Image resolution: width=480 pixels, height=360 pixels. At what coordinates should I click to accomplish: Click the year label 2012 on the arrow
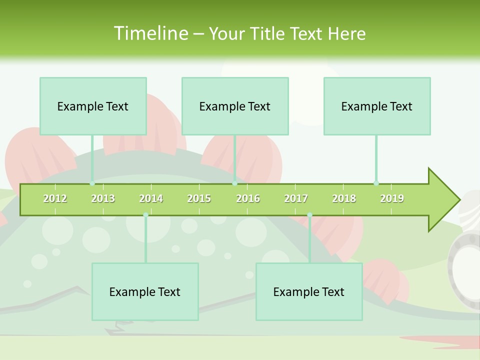point(55,198)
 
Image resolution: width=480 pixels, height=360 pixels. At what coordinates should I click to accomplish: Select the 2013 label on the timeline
point(103,198)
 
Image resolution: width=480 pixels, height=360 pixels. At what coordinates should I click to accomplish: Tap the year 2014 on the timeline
point(151,198)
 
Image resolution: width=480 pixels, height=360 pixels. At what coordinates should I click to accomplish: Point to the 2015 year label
point(199,198)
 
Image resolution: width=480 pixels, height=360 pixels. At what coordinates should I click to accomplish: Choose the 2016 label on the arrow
point(248,198)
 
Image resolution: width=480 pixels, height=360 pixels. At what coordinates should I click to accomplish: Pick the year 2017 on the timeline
point(296,198)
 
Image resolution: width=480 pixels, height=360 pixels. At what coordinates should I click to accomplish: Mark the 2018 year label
point(344,198)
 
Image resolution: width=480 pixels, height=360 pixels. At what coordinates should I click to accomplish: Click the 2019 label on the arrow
point(392,198)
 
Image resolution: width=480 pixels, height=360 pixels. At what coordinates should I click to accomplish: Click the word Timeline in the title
point(150,33)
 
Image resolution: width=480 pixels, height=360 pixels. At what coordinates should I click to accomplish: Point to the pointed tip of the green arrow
point(458,200)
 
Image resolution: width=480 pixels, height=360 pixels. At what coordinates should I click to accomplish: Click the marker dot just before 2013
point(92,183)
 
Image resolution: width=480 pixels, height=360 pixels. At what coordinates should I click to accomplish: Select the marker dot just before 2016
point(234,183)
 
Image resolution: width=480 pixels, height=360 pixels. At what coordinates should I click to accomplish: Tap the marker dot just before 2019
point(376,183)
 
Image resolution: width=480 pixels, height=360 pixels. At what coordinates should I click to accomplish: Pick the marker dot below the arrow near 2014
point(145,215)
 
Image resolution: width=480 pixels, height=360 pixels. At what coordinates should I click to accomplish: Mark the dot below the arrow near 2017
point(309,215)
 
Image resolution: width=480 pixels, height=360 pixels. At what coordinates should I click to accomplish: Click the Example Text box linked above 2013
point(93,106)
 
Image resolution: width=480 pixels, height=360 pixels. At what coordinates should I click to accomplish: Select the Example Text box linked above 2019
point(377,106)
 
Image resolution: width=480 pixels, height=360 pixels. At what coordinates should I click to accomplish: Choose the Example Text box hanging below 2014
point(145,291)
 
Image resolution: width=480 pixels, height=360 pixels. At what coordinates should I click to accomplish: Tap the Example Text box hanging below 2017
point(309,291)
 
